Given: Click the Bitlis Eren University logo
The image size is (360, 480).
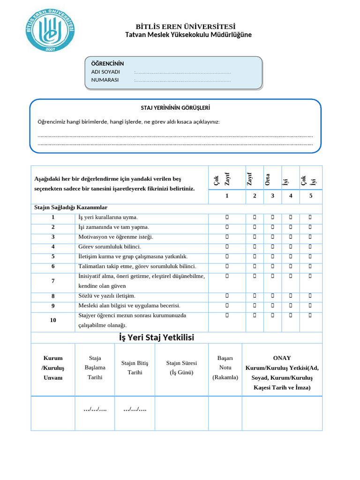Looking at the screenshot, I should (x=50, y=31).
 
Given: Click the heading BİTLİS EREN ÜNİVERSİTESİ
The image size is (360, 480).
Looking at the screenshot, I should (x=186, y=27).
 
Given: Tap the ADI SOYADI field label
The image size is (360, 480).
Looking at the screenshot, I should (x=105, y=72).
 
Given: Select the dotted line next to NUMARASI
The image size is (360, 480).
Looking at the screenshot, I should (x=182, y=80).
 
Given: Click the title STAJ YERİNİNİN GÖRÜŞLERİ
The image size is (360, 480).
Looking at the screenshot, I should (x=175, y=108).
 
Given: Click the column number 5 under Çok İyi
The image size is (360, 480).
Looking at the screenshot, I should (x=310, y=195).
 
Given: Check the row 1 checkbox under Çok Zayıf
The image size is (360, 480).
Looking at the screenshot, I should (x=227, y=217).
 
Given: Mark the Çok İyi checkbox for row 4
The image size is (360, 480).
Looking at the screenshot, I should (x=310, y=247).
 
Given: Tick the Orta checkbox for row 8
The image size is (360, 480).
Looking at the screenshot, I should (x=272, y=296).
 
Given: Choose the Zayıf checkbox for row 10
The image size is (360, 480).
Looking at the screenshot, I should (x=255, y=315).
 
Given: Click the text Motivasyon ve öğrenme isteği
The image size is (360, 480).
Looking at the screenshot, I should (x=116, y=237).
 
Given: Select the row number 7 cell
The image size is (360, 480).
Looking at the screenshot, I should (x=53, y=281).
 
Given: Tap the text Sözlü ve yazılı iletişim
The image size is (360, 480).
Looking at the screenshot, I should (x=107, y=296).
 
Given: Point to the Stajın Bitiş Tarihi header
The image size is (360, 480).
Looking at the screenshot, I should (x=135, y=367).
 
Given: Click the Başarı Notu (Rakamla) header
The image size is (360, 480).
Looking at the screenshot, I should (x=225, y=367).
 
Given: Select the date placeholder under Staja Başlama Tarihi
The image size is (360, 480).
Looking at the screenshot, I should (x=95, y=409).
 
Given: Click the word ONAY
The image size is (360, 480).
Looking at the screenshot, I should (x=282, y=358).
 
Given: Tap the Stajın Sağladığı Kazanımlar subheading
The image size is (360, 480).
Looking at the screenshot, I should (x=71, y=207).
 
